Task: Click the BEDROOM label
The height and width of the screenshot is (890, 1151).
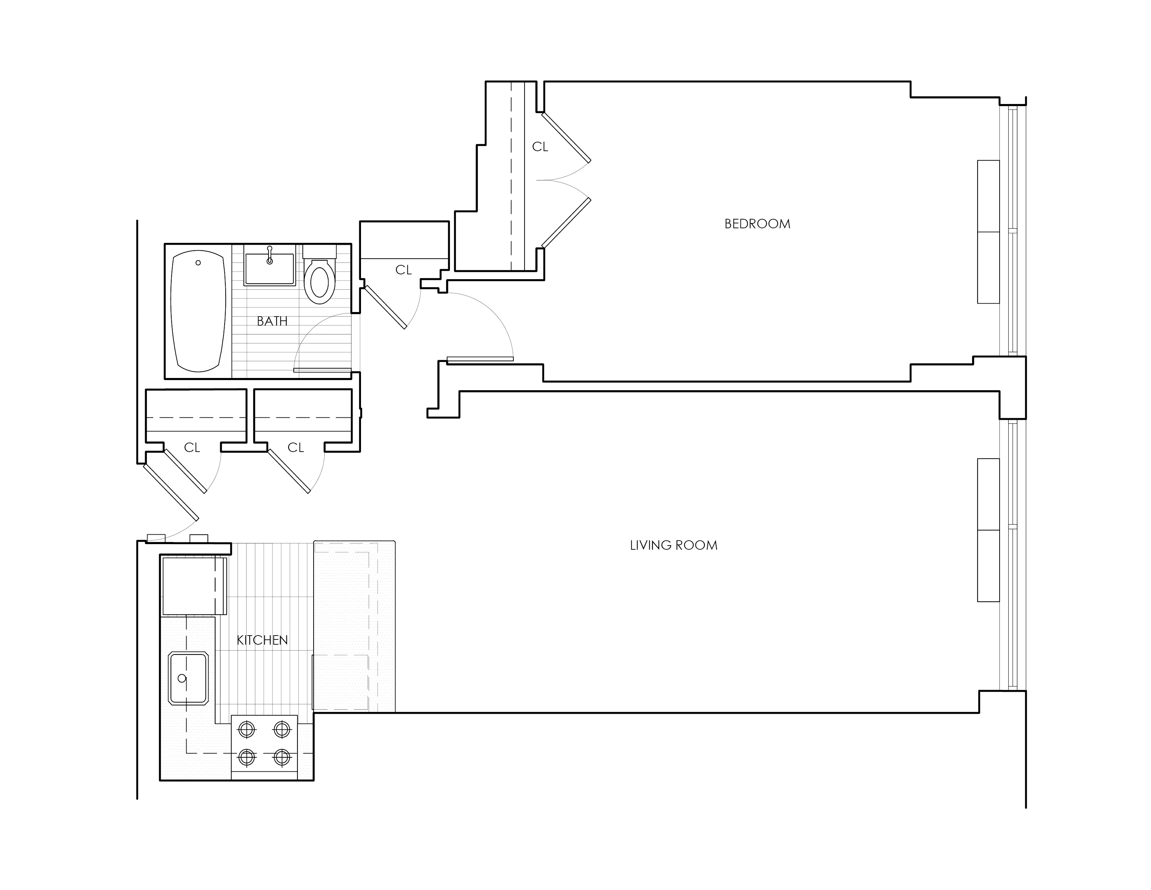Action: click(757, 224)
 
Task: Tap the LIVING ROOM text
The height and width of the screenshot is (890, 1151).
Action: click(674, 545)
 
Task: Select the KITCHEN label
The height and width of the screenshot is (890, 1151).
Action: click(262, 640)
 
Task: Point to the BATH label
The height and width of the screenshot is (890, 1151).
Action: click(272, 321)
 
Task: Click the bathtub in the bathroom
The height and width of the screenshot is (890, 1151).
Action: click(198, 311)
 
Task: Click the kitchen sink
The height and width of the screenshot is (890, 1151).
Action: click(188, 678)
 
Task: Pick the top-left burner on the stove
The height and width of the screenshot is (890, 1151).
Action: click(247, 730)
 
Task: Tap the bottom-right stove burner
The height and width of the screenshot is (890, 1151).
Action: click(282, 758)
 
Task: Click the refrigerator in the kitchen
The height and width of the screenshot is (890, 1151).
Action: click(193, 585)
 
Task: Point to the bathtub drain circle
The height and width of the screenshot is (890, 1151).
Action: click(198, 262)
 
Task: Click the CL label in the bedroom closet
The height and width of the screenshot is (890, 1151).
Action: click(540, 147)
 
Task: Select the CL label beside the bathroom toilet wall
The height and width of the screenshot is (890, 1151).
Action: click(403, 270)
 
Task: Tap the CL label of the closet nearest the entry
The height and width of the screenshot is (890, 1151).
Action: click(192, 448)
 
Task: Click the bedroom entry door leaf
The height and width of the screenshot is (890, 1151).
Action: click(480, 359)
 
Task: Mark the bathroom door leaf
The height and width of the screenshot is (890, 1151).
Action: click(322, 370)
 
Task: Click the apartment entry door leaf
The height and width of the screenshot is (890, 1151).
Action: click(171, 492)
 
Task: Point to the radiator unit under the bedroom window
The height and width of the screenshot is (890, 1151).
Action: click(988, 232)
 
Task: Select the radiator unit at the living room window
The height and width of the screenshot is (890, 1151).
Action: click(988, 530)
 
